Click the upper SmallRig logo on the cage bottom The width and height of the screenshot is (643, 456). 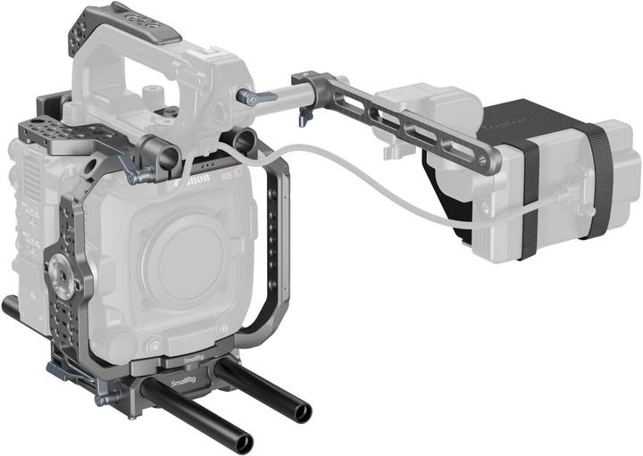193,361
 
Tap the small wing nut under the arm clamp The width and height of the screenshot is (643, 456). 305,114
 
